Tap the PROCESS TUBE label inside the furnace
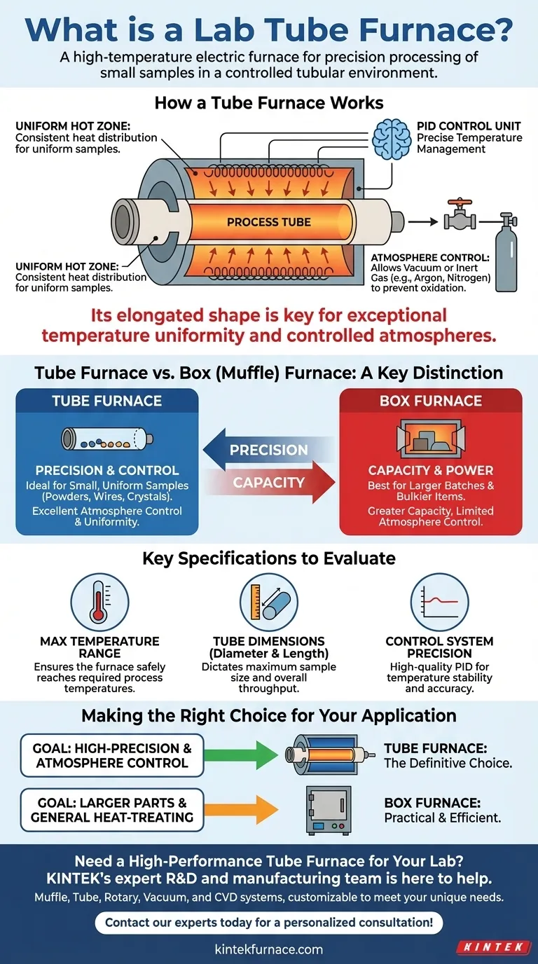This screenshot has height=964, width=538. pos(270,222)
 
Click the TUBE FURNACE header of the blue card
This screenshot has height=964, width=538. pos(106,401)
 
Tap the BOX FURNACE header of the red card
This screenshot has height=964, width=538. pos(431,401)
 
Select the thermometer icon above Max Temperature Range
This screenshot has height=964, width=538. pos(99,602)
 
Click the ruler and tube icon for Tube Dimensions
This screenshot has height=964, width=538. pos(269,602)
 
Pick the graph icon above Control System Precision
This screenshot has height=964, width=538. pos(439,602)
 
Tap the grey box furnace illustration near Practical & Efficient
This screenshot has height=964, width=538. pos(328,809)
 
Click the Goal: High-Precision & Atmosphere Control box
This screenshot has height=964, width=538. pos(112,755)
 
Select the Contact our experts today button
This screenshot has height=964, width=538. pos(269,923)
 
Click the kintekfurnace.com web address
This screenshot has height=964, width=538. pos(269,949)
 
